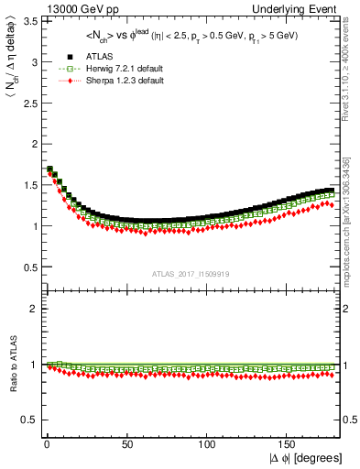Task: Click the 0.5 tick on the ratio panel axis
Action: click(x=30, y=420)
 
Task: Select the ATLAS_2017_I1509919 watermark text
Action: click(x=189, y=273)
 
